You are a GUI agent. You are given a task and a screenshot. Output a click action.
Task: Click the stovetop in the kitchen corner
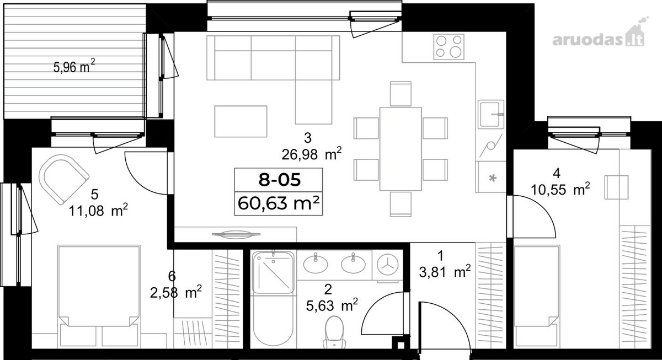[x=449, y=47]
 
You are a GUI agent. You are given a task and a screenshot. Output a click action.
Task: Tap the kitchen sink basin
[x=491, y=114]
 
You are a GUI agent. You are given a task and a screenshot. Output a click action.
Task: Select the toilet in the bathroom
[x=334, y=332]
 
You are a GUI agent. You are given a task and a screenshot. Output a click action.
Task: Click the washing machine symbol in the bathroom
[x=387, y=265]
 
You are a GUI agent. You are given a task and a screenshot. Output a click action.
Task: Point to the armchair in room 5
[x=64, y=179]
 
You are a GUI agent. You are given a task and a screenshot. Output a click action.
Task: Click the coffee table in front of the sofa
[x=241, y=121]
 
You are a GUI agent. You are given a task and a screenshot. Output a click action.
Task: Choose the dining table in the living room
[x=401, y=149]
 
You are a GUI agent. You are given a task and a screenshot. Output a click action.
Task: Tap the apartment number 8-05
[x=279, y=180]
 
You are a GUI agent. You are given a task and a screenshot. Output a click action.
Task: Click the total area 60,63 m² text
[x=279, y=203]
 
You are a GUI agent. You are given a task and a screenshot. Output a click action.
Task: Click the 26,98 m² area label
[x=312, y=154]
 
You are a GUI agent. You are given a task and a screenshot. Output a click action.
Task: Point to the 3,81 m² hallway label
[x=445, y=272]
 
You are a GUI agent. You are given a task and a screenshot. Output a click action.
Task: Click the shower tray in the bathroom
[x=274, y=272]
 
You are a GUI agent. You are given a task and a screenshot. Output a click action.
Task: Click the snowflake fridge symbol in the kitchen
[x=493, y=178]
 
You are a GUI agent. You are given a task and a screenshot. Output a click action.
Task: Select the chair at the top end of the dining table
[x=401, y=94]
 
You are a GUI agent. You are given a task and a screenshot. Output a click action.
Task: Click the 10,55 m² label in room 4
[x=560, y=189]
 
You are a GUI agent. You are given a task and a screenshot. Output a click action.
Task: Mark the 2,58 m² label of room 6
[x=176, y=292]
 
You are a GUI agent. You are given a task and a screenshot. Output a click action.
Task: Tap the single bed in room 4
[x=537, y=296]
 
